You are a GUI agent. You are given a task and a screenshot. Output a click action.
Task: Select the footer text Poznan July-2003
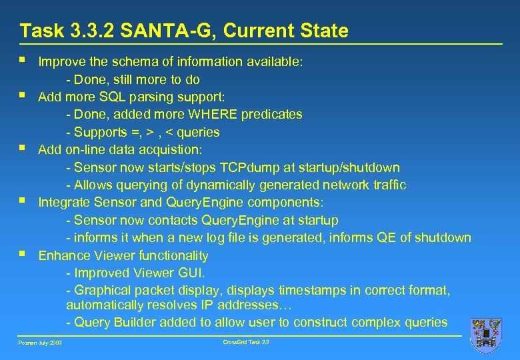tap(39, 343)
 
